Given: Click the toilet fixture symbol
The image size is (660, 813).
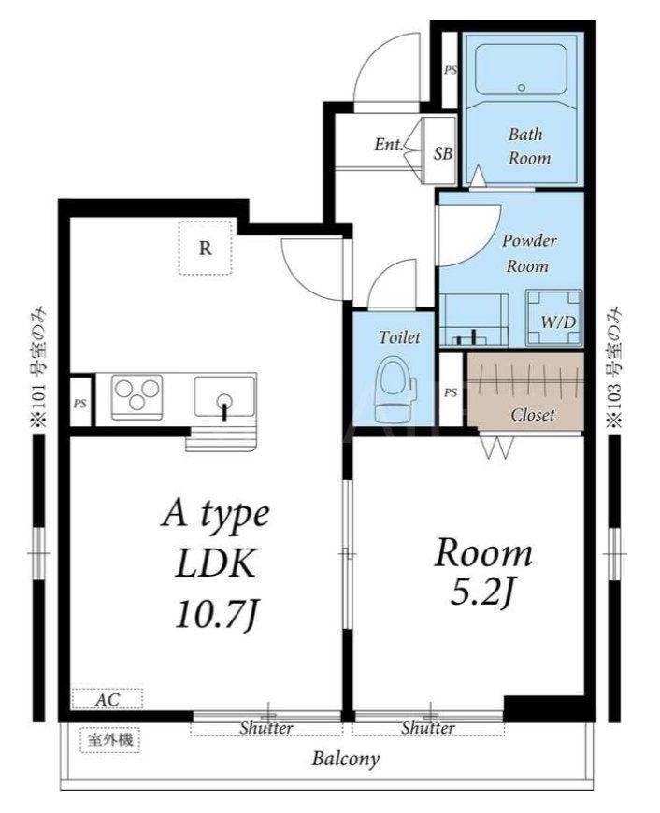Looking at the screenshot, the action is (395, 384).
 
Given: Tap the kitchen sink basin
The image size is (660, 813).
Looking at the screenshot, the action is (224, 396).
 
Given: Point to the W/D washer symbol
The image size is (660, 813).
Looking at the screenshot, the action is (553, 318).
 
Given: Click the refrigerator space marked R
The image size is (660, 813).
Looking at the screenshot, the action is (206, 248).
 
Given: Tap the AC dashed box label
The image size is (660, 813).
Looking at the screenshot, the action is (107, 698).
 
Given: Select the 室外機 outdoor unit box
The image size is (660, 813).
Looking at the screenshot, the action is (110, 740).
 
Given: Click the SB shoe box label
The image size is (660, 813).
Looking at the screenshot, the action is (443, 153).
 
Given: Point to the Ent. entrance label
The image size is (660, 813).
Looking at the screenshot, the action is (389, 144).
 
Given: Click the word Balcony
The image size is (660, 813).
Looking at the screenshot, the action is (346, 760).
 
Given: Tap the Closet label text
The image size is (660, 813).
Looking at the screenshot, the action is (532, 415).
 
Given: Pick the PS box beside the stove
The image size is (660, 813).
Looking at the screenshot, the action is (80, 403).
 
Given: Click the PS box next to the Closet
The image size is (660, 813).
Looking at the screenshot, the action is (451, 392).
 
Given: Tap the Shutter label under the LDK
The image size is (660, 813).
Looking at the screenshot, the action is (266, 728).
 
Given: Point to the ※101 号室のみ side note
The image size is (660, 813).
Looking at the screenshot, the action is (36, 367).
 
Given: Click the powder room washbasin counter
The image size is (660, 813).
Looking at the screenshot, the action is (474, 320).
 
